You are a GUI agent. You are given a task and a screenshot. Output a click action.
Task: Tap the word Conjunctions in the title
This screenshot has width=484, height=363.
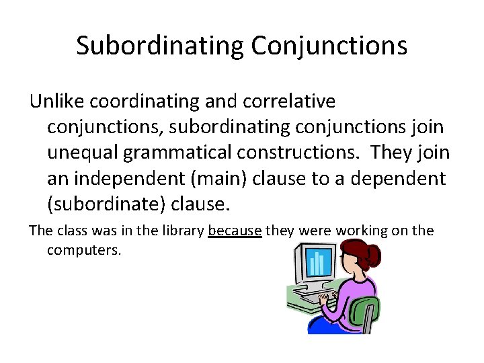tap(329, 46)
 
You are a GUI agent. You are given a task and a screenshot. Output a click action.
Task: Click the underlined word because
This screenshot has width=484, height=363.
tap(235, 231)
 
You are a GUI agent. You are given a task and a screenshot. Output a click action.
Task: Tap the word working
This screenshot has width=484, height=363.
tap(362, 231)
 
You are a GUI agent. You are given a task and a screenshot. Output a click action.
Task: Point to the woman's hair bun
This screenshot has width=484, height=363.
tap(371, 255)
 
